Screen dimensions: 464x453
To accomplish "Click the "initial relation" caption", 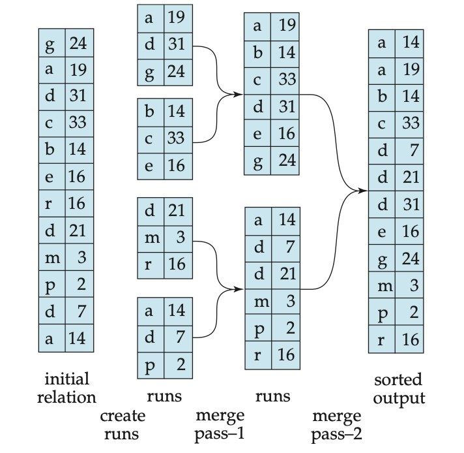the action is pos(66,388).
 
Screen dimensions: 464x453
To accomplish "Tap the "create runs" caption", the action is pos(123,425).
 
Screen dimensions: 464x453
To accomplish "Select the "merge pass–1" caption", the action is pos(220,425).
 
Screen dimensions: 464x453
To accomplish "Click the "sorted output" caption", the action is pos(399,389).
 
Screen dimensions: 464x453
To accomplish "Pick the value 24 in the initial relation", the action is pos(78,43).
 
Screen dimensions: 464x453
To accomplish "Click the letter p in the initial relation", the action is pos(50,285).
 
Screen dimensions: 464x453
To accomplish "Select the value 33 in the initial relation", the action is pos(78,122).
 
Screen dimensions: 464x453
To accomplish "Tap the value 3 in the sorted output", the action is pos(414,285).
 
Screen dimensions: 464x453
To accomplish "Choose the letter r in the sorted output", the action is pos(381,340).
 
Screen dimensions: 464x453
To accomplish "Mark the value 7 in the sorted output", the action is pos(414,150).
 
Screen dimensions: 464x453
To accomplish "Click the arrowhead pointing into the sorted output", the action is pos(362,191).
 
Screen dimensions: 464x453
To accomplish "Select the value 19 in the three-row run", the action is pos(177,18).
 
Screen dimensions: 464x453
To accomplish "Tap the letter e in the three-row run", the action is pos(149,166).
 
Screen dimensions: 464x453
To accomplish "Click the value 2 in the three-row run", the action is pos(181,364).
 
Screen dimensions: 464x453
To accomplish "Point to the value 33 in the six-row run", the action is pos(287,80).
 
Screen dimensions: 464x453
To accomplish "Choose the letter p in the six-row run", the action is pos(259,329).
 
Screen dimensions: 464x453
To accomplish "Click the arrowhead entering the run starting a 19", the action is pos(238,95).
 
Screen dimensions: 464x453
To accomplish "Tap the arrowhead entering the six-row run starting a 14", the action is pos(238,289).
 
